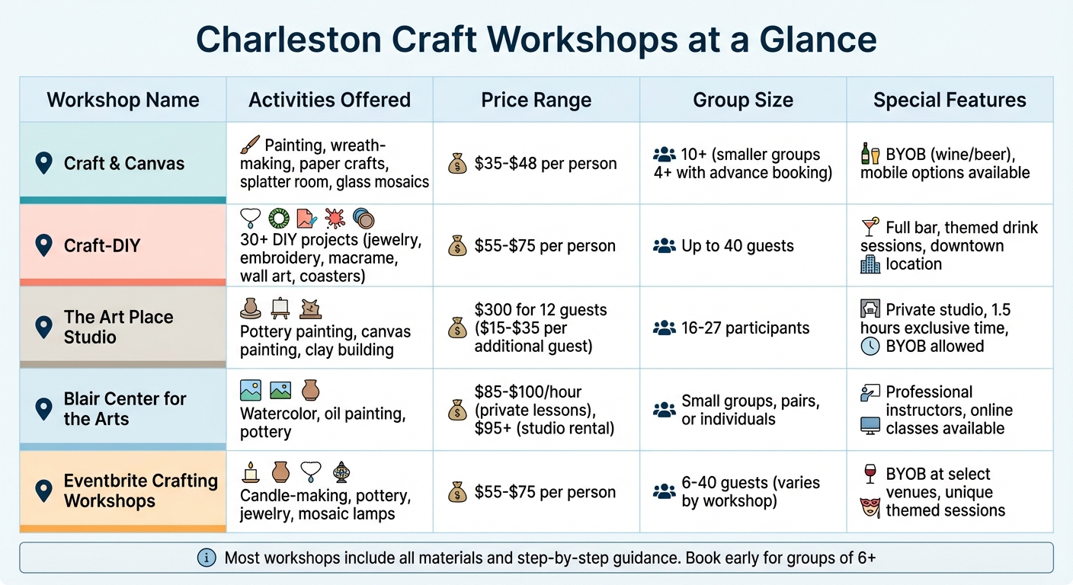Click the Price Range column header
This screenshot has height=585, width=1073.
tap(536, 100)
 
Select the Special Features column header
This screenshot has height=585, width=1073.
tap(950, 100)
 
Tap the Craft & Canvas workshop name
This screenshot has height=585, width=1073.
tap(123, 163)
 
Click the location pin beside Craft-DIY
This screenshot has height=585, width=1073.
tap(44, 245)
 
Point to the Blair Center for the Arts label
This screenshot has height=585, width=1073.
tap(125, 409)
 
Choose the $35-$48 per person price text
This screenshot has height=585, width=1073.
tap(545, 163)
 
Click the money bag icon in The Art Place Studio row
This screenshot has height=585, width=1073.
tap(457, 328)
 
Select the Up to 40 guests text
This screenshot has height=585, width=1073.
tap(737, 246)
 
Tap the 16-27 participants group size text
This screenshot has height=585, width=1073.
tap(745, 328)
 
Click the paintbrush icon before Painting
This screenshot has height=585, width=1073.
tap(250, 145)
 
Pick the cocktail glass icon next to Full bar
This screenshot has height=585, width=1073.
tap(870, 227)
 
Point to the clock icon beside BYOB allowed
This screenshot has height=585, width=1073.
tap(870, 346)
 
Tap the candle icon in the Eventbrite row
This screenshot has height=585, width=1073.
tap(250, 472)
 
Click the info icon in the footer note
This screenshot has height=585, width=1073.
tap(207, 558)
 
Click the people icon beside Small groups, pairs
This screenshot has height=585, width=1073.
tap(665, 410)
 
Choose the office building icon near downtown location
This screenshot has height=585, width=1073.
tap(870, 264)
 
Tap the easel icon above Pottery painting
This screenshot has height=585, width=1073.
tap(280, 308)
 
